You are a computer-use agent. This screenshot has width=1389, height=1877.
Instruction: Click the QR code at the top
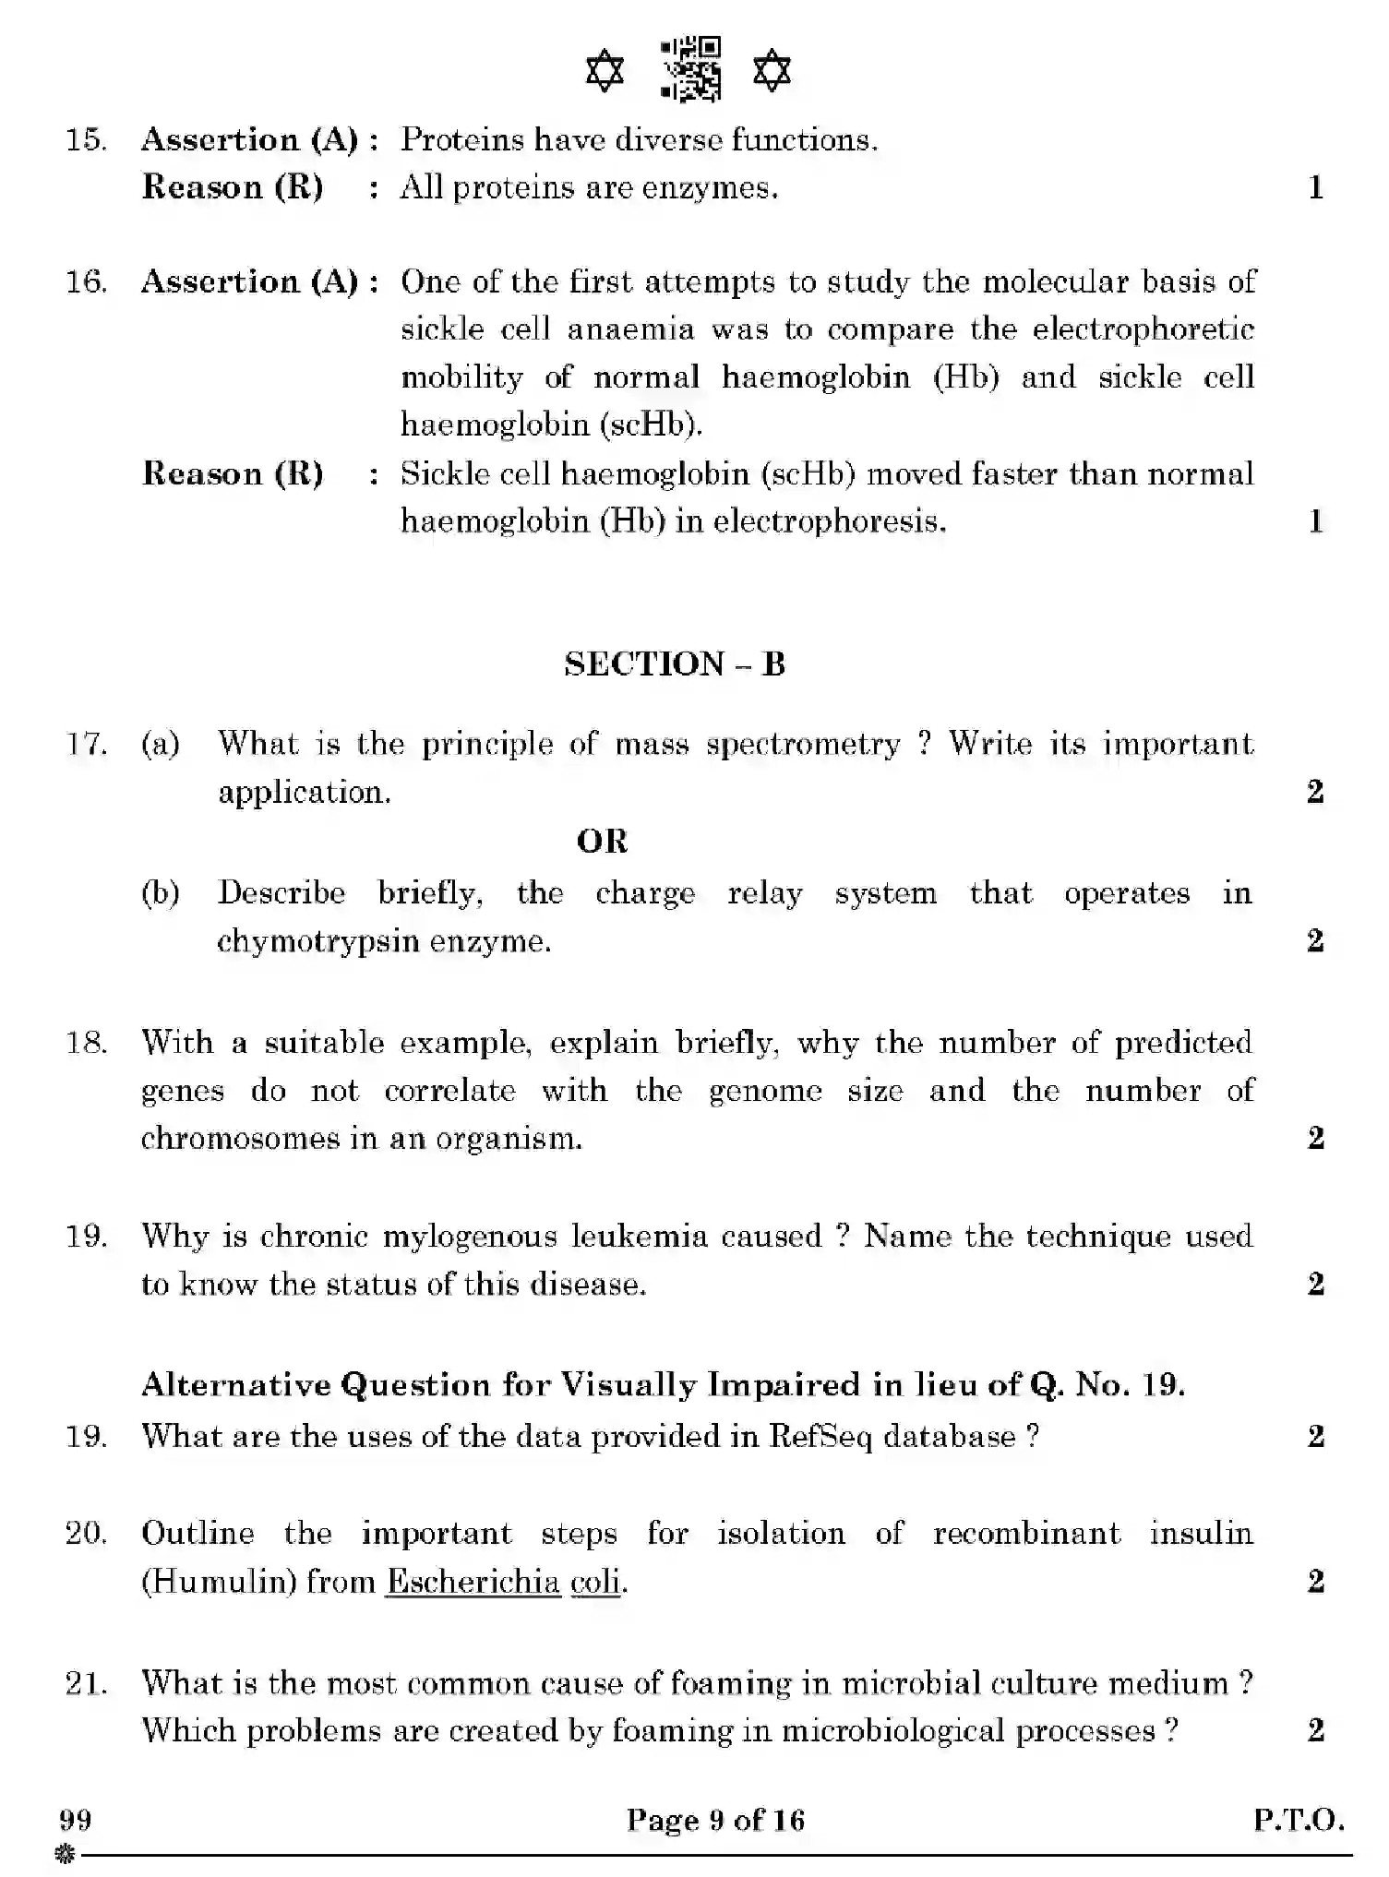(x=690, y=69)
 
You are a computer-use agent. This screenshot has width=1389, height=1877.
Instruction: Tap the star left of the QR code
(x=605, y=71)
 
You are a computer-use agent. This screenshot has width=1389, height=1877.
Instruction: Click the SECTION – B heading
(x=675, y=664)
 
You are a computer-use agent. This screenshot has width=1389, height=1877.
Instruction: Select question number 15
(x=85, y=140)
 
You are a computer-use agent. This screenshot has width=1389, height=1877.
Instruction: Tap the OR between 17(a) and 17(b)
(x=602, y=842)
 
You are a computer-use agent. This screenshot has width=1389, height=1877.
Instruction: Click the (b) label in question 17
(x=161, y=893)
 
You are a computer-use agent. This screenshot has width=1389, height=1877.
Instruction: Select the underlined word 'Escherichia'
(x=473, y=1582)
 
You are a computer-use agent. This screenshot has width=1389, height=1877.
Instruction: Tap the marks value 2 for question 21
(x=1315, y=1729)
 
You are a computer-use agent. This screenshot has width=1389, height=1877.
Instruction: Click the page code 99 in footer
(x=75, y=1820)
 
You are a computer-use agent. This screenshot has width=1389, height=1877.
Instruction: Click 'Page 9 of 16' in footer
(x=715, y=1820)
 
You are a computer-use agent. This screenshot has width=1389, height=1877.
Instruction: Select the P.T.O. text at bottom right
(x=1298, y=1820)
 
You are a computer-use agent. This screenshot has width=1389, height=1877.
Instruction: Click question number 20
(x=85, y=1534)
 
